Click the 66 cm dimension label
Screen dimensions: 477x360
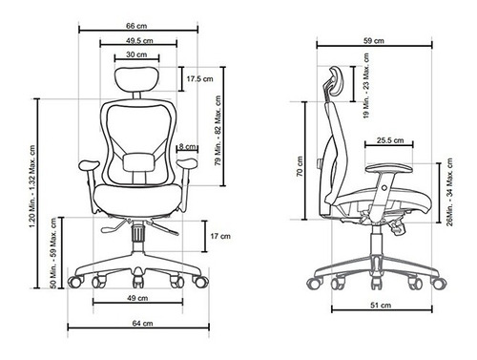(136, 26)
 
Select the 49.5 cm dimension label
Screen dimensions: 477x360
(139, 41)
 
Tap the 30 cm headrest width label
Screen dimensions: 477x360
(136, 54)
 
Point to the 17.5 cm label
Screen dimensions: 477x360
(199, 78)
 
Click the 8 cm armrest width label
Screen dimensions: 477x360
(187, 146)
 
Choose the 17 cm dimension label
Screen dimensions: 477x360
(220, 236)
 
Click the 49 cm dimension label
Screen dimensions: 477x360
(137, 298)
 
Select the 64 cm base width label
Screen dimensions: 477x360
(142, 324)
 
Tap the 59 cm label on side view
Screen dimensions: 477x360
(374, 41)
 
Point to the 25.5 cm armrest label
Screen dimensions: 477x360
(390, 140)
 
